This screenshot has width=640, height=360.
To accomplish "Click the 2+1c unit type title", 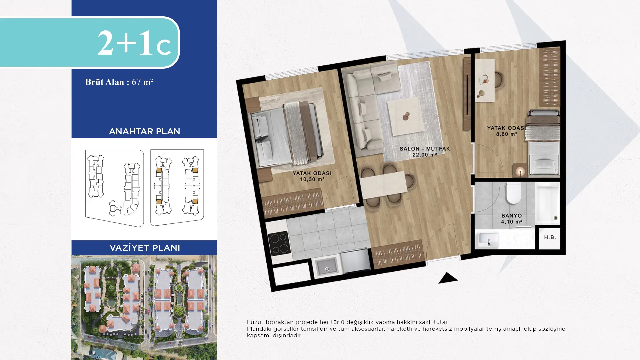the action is [134, 43].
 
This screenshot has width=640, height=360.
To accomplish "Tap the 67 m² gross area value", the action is [142, 82].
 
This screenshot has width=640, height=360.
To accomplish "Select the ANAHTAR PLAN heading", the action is [145, 131].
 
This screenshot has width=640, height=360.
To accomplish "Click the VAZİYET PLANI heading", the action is [145, 248].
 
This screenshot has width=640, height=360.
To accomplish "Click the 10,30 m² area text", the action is [312, 179].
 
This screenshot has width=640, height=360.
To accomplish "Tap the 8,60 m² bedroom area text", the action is [506, 134].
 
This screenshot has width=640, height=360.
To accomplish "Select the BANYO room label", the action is [511, 216].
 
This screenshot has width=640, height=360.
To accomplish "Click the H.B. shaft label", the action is [550, 237].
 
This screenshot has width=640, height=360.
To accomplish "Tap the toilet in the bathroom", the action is [513, 193].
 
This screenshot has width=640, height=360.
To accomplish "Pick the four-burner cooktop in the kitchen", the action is [279, 243].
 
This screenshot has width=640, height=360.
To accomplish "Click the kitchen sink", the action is [327, 267].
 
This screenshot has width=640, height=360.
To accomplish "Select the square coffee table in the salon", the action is [406, 116].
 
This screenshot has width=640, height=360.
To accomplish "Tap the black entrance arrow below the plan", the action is [448, 278].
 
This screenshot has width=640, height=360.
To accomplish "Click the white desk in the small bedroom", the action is [485, 80].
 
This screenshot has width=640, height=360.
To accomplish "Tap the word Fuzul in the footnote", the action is [255, 322].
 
